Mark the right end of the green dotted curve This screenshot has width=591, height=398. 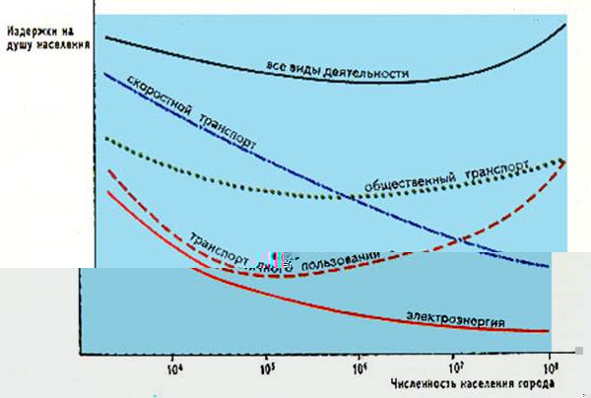click(x=565, y=160)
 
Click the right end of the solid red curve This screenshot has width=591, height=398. click(x=549, y=331)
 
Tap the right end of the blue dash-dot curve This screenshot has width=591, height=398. click(x=549, y=266)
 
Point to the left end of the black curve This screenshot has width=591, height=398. click(x=106, y=37)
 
